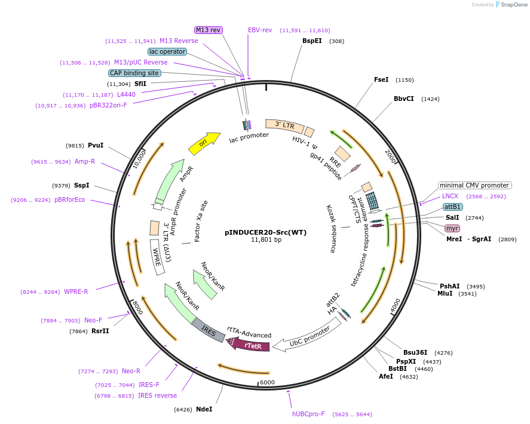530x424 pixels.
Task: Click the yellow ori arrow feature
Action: (203, 143)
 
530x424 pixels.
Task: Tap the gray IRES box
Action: (208, 330)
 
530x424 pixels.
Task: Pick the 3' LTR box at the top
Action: (284, 125)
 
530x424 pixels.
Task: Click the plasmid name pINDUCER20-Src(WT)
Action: (265, 232)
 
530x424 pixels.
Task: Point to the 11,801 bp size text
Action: (265, 240)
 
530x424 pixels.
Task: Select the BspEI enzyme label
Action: (312, 41)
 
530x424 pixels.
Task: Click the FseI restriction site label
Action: (381, 79)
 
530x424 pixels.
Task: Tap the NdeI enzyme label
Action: (204, 409)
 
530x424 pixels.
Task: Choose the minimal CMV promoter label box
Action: (475, 185)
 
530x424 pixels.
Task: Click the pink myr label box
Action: (452, 229)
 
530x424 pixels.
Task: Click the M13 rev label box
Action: (209, 30)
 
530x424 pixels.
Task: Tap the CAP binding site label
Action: (134, 73)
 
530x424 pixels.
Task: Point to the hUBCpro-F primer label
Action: (308, 414)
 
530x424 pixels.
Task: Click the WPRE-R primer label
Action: (76, 291)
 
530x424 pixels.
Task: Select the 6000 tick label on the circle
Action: (266, 382)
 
